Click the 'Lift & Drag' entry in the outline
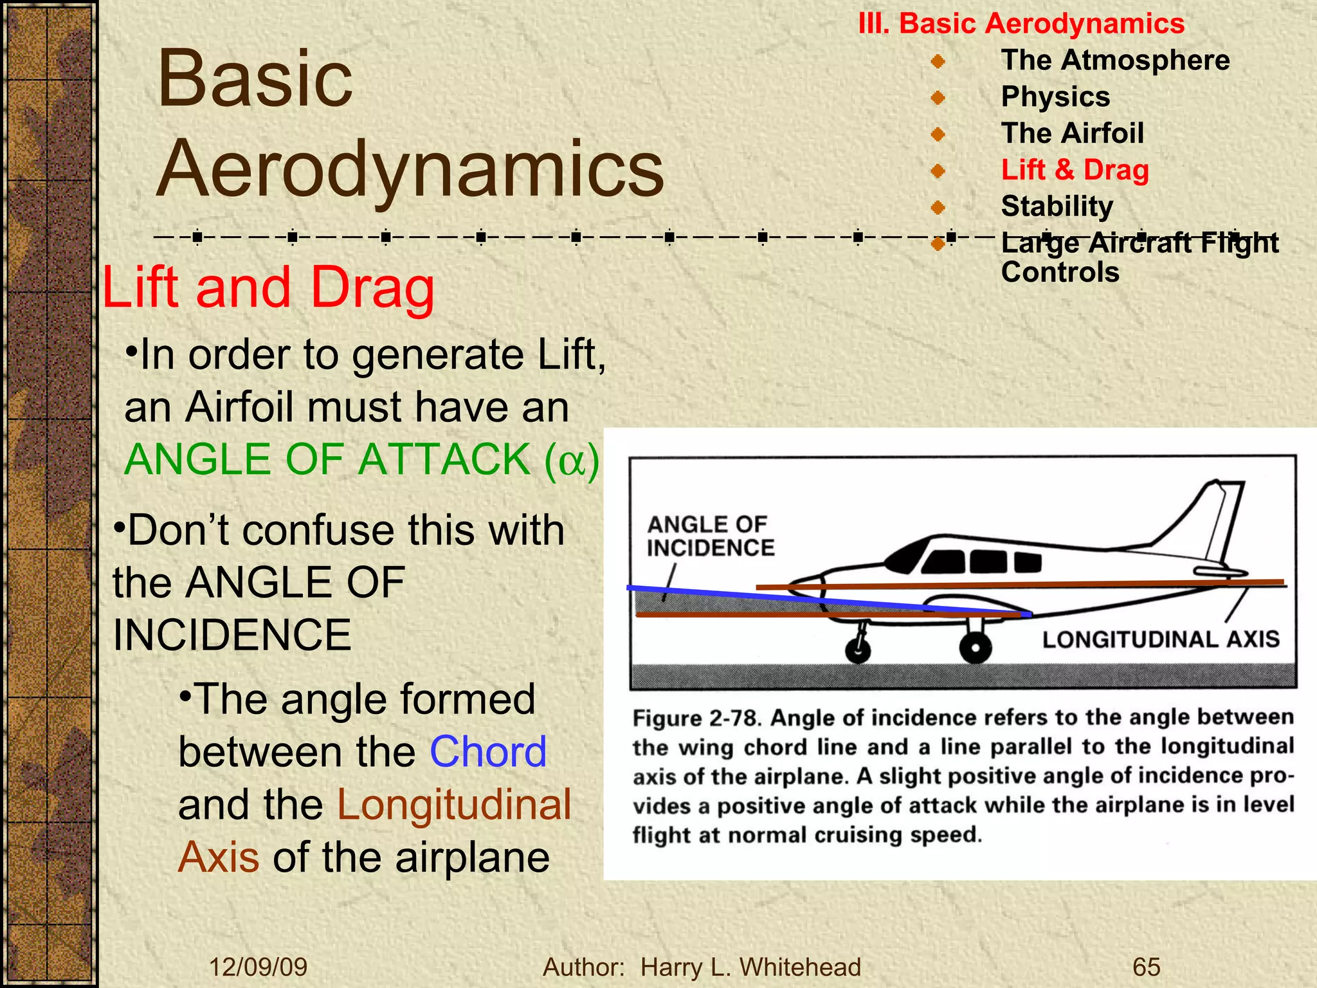(x=1075, y=170)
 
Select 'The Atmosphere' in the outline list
(x=1115, y=60)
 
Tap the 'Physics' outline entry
(x=1055, y=96)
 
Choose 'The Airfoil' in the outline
(x=1072, y=133)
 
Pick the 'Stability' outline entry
(x=1057, y=206)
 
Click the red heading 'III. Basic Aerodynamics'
(x=1021, y=24)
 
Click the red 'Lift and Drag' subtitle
(x=268, y=288)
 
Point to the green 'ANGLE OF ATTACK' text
(x=327, y=460)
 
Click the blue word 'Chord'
(x=487, y=751)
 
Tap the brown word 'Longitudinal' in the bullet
(x=454, y=804)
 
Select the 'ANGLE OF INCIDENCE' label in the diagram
(x=710, y=536)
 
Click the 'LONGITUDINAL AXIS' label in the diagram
(x=1160, y=639)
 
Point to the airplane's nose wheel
(x=858, y=651)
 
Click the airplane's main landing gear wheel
(x=975, y=648)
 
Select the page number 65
(x=1146, y=967)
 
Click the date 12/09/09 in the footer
(x=258, y=967)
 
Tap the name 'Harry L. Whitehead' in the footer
(x=750, y=967)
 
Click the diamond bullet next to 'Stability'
(x=938, y=207)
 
